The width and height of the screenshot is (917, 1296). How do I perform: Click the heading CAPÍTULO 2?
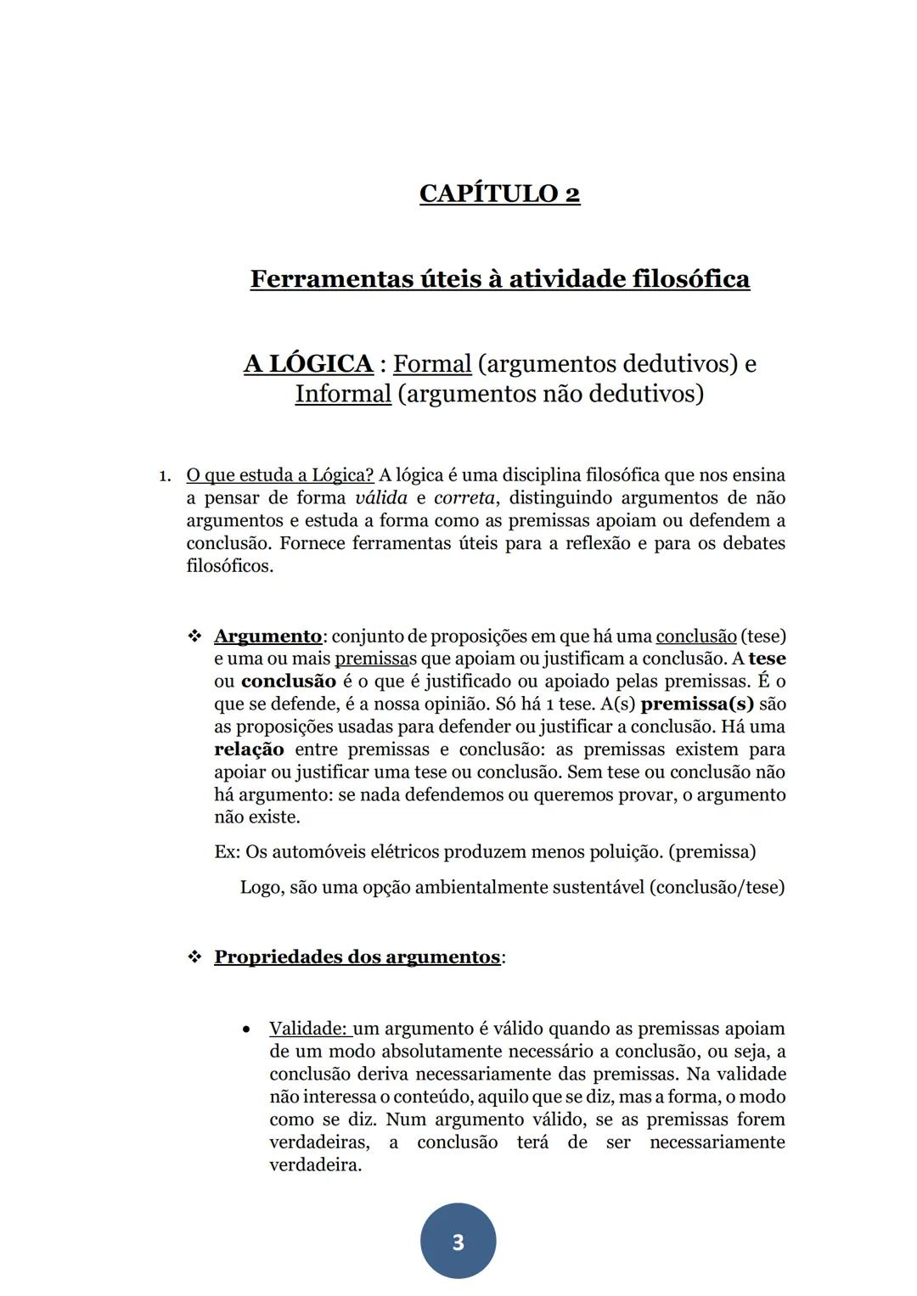pos(499,194)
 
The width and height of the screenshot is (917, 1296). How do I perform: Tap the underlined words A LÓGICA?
pos(308,364)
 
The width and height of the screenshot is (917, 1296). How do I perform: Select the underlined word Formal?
pos(431,364)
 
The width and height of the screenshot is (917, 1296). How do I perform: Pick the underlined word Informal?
pos(343,395)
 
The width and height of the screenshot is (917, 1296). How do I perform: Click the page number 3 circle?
pos(458,1242)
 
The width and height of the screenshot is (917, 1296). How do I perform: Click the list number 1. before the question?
pos(166,475)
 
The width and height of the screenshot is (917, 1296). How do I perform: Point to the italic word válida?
pos(380,498)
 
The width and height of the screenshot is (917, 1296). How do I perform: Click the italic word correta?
pos(464,498)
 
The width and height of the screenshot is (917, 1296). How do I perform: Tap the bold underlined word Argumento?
pos(267,637)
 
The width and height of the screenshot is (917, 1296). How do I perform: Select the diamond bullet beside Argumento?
pos(194,637)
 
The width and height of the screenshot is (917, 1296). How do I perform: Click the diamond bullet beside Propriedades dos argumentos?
pos(194,957)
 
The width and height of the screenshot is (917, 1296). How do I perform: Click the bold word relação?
pos(249,750)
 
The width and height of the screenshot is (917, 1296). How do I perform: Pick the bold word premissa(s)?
pos(697,704)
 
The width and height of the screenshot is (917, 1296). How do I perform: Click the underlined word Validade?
pos(309,1029)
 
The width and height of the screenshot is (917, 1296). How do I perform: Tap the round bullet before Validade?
pos(246,1030)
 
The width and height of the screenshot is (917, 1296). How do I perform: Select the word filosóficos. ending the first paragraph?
pos(229,566)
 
